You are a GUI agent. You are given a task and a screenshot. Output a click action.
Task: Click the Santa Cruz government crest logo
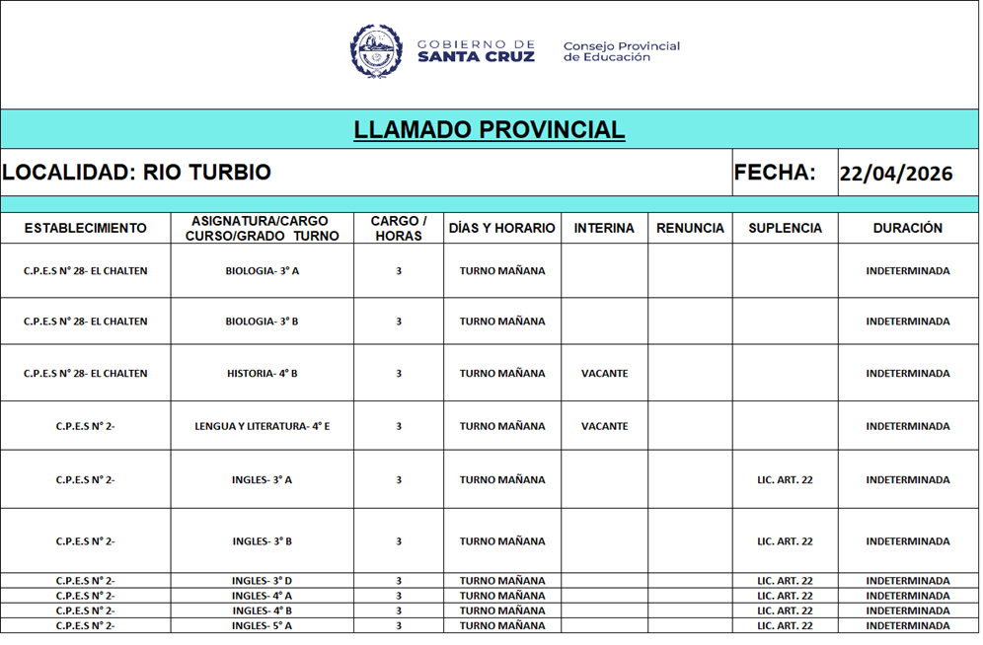376,51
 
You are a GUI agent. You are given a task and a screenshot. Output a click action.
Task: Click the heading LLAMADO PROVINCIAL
490,129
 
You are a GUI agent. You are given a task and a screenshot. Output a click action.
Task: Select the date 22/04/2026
896,174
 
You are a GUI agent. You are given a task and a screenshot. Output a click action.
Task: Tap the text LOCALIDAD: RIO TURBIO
137,173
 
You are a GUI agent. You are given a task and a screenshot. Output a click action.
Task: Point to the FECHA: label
775,173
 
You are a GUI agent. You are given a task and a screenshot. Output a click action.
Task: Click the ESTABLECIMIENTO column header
85,228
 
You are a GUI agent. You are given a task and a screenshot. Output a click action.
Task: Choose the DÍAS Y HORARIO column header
502,228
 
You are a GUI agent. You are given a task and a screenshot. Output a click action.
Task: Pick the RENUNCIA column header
690,228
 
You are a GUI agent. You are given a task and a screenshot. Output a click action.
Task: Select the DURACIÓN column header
908,228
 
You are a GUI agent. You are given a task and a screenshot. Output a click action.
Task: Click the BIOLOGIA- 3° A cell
262,271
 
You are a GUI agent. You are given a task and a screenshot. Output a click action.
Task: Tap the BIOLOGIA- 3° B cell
262,322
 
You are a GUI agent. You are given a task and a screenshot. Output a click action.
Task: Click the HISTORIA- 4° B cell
262,374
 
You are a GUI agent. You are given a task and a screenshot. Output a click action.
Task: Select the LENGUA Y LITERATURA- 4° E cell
262,427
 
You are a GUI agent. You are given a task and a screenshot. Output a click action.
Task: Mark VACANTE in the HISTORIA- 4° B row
604,374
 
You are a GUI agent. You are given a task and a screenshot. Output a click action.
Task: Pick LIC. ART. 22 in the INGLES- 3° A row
785,480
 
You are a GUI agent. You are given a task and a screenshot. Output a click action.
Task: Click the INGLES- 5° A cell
262,625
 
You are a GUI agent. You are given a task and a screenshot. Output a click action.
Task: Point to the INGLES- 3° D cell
262,581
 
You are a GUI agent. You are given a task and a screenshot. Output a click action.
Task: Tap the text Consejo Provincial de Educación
622,51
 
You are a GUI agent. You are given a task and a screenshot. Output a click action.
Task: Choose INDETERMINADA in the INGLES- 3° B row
908,541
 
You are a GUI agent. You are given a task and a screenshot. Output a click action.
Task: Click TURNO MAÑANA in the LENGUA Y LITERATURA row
502,427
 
